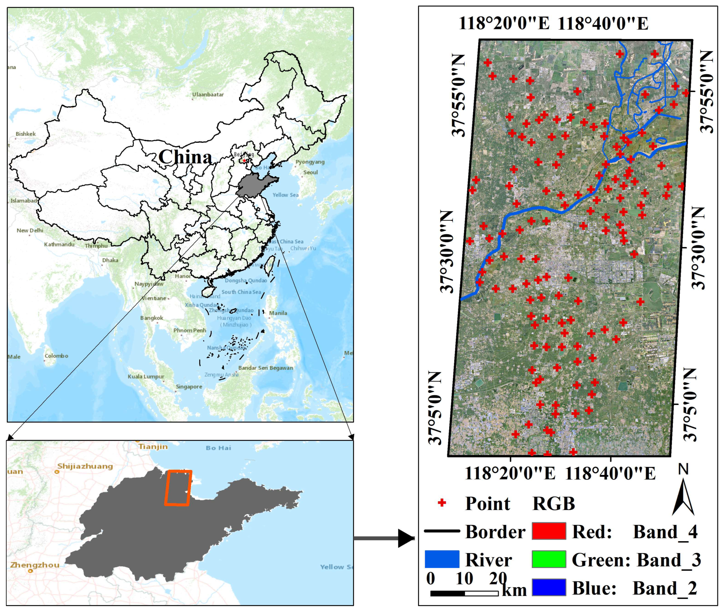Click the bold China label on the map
pyautogui.click(x=185, y=157)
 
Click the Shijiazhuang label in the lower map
pyautogui.click(x=85, y=466)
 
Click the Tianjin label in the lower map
pyautogui.click(x=153, y=447)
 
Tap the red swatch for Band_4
pyautogui.click(x=549, y=531)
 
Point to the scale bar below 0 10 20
pyautogui.click(x=464, y=593)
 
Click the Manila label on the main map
pyautogui.click(x=278, y=313)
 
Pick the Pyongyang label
pyautogui.click(x=310, y=162)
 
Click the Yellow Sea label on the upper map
pyautogui.click(x=285, y=195)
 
